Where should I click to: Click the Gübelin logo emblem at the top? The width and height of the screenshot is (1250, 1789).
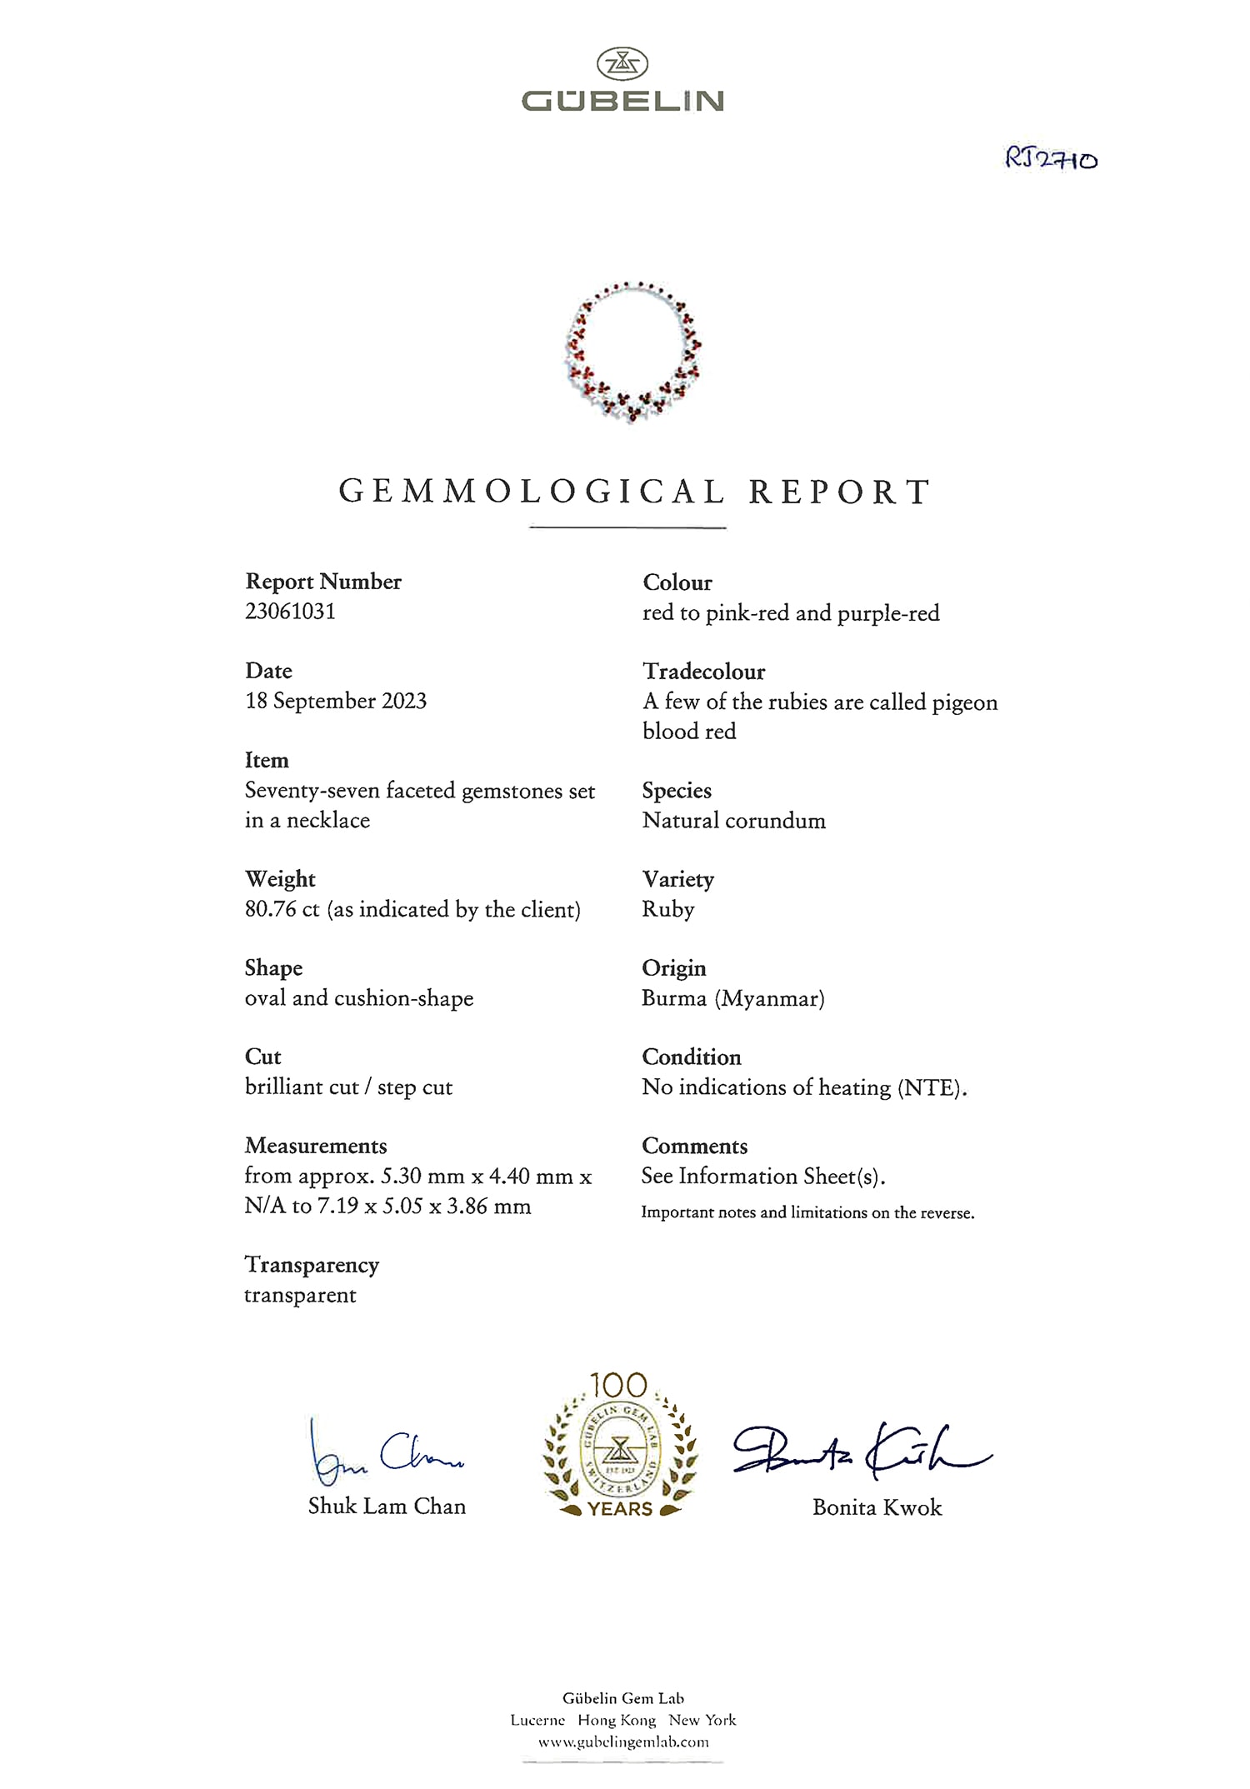coord(622,64)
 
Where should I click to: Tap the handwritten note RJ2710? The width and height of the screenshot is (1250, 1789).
coord(1051,157)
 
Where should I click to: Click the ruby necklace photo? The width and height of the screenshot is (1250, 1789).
coord(632,352)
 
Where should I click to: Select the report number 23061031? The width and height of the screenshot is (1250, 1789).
coord(290,612)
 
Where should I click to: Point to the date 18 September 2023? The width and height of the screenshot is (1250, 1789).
coord(336,701)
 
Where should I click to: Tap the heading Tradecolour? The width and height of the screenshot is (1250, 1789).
coord(703,672)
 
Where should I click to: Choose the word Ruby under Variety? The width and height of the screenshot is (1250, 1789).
coord(667,909)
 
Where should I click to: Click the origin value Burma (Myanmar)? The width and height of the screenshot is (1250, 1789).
coord(732,998)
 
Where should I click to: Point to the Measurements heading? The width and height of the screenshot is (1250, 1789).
coord(316,1146)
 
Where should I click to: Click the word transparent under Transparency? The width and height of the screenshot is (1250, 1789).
coord(300,1296)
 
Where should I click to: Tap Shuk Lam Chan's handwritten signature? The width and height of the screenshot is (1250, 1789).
coord(385,1454)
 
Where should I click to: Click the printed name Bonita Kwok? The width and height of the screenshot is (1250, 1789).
coord(877,1507)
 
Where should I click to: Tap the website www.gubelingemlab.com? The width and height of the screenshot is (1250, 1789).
coord(623,1742)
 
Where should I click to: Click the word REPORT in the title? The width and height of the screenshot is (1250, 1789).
coord(839,492)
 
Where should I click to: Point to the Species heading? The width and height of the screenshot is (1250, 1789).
coord(677,790)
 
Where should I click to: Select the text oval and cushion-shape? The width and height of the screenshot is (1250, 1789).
coord(359,998)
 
